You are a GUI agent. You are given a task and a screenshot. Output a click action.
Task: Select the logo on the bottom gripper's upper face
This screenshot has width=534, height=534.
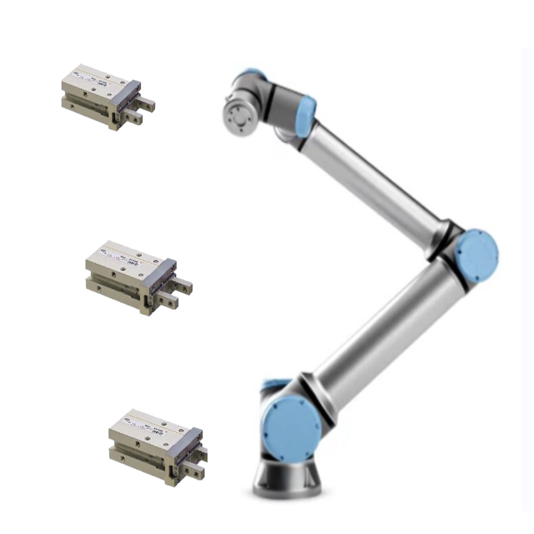pos(126,420)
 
